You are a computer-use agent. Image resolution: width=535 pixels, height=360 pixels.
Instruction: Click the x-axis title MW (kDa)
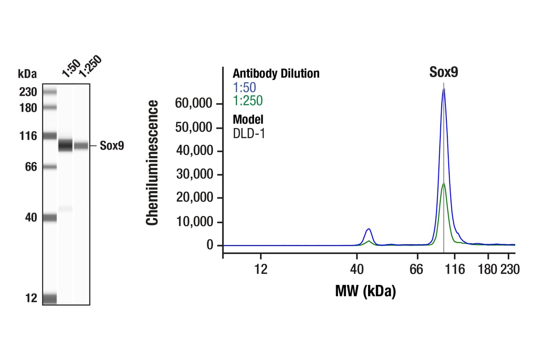(x=365, y=291)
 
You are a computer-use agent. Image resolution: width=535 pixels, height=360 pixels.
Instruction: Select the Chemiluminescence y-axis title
(x=152, y=163)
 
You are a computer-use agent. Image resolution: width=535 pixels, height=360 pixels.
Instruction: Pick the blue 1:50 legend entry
(x=244, y=87)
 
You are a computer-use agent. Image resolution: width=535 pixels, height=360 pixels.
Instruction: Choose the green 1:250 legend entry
(x=248, y=100)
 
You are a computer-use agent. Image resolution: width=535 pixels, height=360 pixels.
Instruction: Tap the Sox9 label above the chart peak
(x=444, y=72)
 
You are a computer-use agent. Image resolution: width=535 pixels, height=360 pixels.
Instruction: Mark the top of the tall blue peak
(x=444, y=89)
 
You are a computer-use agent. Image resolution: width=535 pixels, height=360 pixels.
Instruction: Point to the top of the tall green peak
(x=444, y=183)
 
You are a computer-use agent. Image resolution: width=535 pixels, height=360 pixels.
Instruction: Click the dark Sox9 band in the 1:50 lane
(x=65, y=145)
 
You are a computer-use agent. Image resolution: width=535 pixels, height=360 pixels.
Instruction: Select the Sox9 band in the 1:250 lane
(x=81, y=146)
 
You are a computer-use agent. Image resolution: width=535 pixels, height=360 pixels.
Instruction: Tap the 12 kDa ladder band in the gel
(x=49, y=299)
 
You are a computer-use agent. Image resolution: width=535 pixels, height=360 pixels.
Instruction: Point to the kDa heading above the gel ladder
(x=27, y=74)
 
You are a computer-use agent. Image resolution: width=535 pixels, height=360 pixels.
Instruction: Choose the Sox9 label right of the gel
(x=112, y=146)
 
